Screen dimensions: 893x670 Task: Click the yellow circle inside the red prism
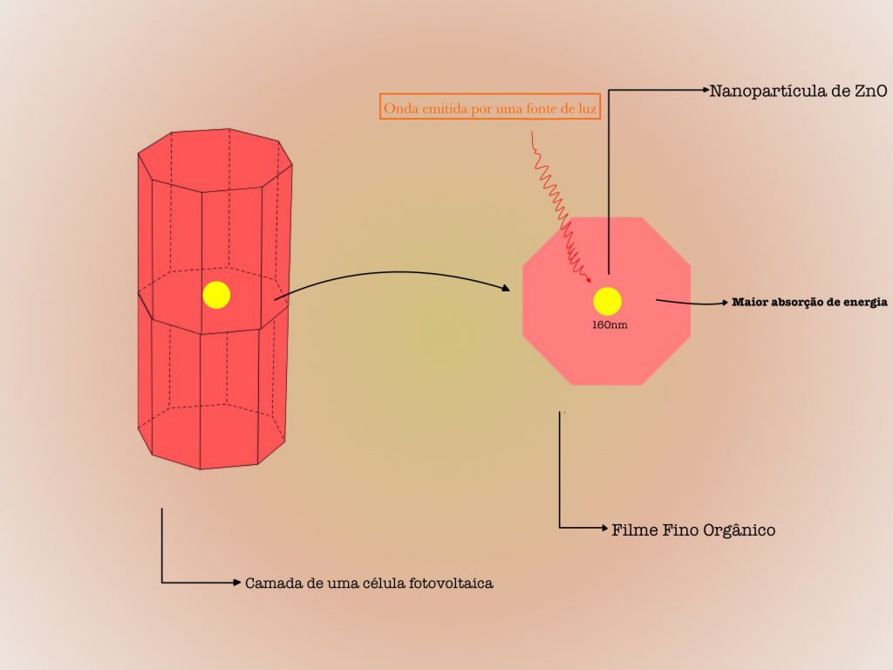[x=216, y=295]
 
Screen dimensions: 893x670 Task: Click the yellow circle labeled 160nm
[x=607, y=301]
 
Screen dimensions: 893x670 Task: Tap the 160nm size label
[x=610, y=325]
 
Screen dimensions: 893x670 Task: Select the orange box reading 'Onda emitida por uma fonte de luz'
[x=490, y=106]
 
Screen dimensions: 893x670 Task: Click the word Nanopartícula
[x=772, y=91]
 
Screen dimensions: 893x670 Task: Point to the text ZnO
[x=871, y=91]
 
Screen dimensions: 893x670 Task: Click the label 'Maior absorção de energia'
[x=809, y=302]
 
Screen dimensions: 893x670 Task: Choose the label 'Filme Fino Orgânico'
[x=693, y=530]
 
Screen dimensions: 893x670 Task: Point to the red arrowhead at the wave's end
[x=589, y=280]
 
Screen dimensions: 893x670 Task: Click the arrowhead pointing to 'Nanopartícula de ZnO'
[x=705, y=90]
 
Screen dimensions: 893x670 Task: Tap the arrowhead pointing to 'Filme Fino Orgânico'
[x=605, y=528]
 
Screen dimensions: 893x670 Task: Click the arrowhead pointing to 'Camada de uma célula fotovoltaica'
[x=237, y=582]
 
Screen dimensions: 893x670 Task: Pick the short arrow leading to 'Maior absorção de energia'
[x=692, y=302]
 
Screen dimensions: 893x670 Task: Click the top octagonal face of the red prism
[x=215, y=161]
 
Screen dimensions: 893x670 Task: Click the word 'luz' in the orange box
[x=587, y=107]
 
